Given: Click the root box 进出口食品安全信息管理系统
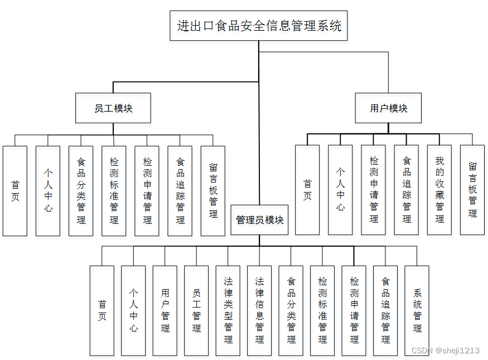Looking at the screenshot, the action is click(259, 26).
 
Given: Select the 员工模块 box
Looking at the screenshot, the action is click(113, 108).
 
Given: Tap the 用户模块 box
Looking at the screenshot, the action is click(388, 108).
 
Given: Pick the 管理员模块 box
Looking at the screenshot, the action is click(259, 220).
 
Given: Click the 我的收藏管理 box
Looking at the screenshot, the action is click(439, 190).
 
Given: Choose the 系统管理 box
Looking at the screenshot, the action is click(417, 311).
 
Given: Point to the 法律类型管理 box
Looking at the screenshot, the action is click(228, 311).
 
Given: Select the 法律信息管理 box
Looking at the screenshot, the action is click(259, 311).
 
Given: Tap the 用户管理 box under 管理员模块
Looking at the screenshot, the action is click(165, 311).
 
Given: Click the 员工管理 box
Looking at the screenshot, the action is click(196, 311).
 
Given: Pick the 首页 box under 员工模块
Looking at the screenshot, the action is click(15, 191).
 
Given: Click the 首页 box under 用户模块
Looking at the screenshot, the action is click(307, 190).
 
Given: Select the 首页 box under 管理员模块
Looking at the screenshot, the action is click(102, 311).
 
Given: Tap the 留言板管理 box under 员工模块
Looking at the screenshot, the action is click(213, 191).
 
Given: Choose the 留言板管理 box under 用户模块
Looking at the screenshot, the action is click(472, 190).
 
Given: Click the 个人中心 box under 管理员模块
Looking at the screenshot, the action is click(133, 311).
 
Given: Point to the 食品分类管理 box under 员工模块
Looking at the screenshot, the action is click(81, 191).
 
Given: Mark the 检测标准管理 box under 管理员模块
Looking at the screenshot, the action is click(322, 311).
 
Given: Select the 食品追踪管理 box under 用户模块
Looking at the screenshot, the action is click(407, 190).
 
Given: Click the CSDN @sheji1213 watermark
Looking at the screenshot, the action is click(446, 351).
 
